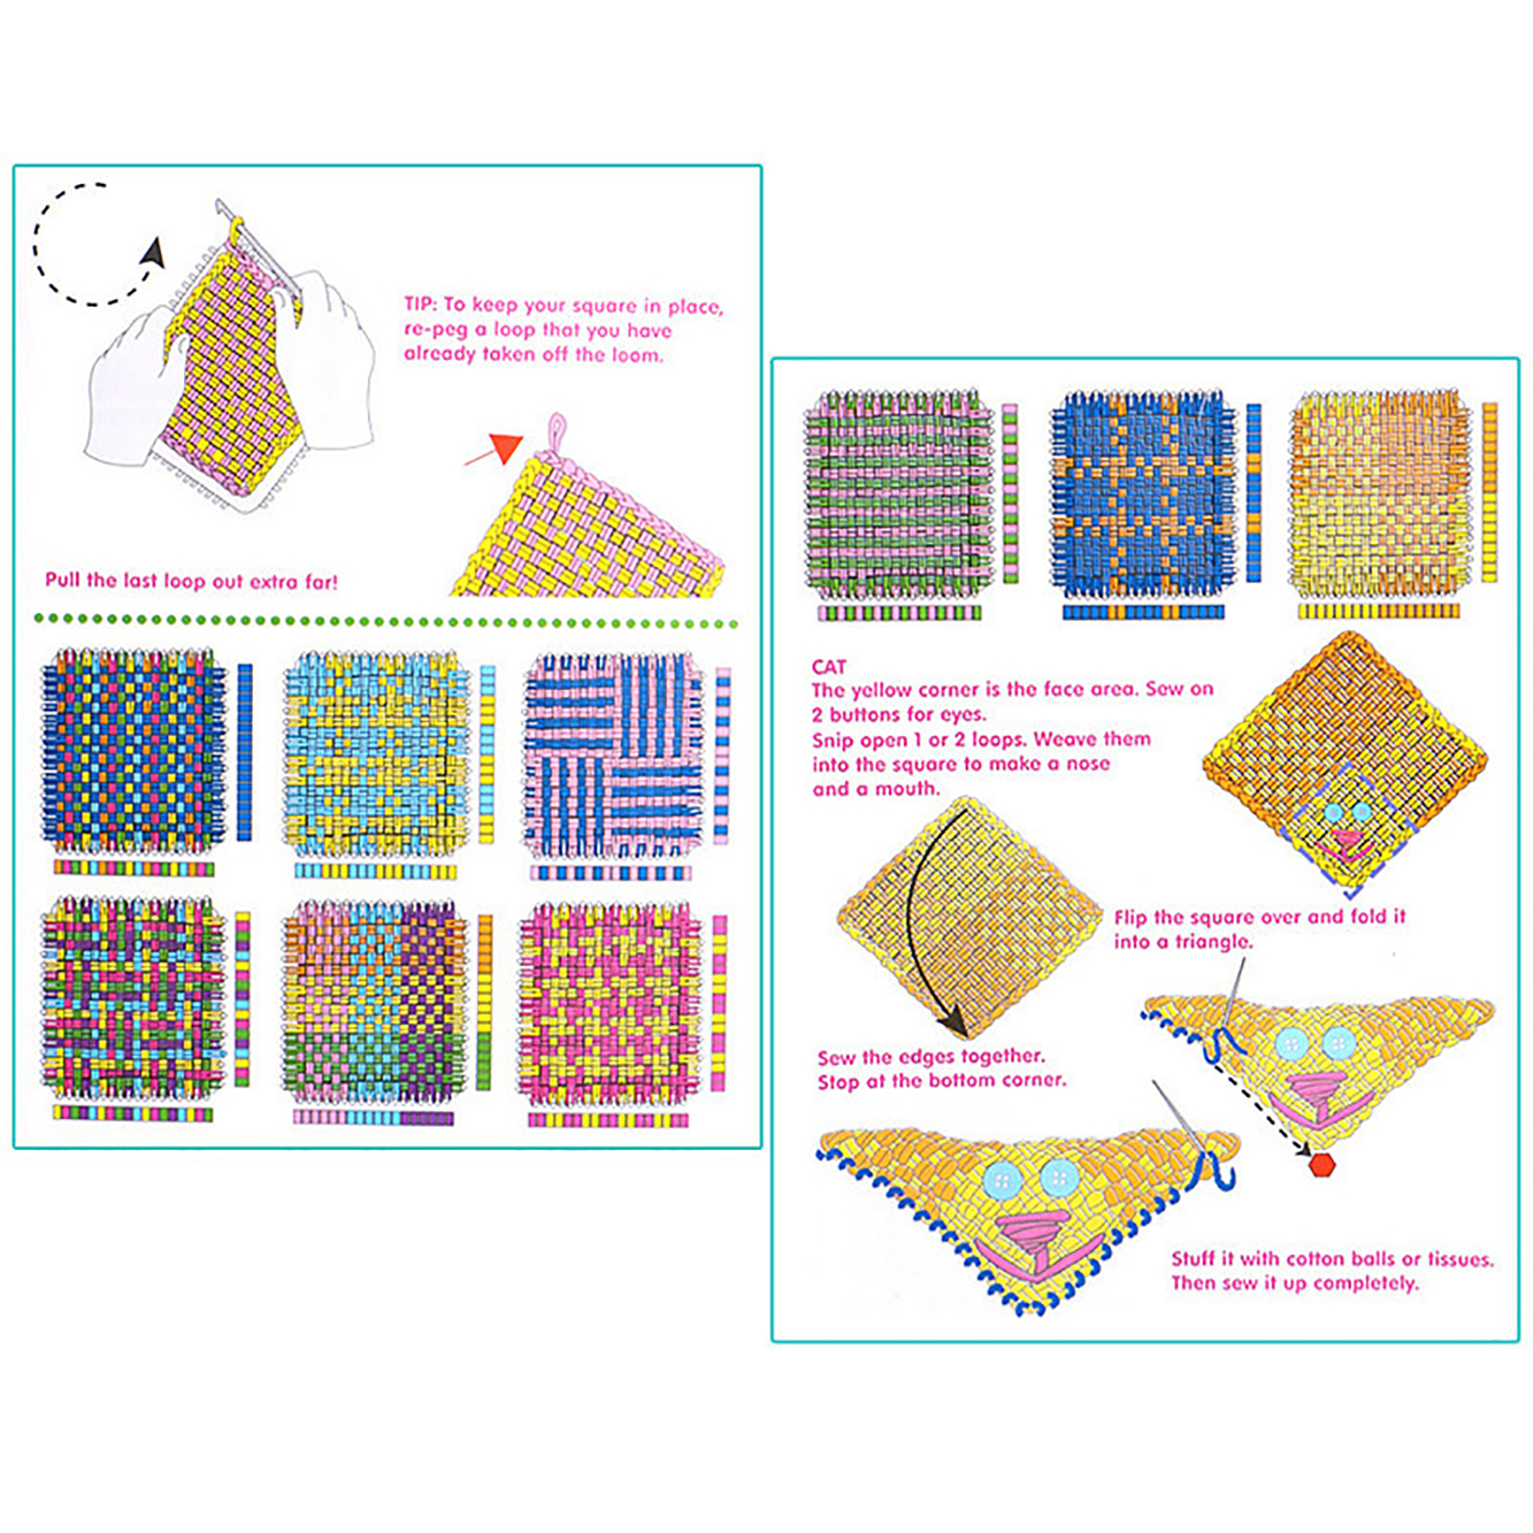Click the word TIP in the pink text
(420, 305)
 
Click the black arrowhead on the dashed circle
(153, 253)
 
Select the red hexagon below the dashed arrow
(1322, 1164)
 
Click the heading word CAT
(829, 667)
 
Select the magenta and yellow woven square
(610, 1003)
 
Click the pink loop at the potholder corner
(556, 437)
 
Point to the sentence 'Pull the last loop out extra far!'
(192, 581)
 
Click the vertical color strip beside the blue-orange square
(1253, 492)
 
